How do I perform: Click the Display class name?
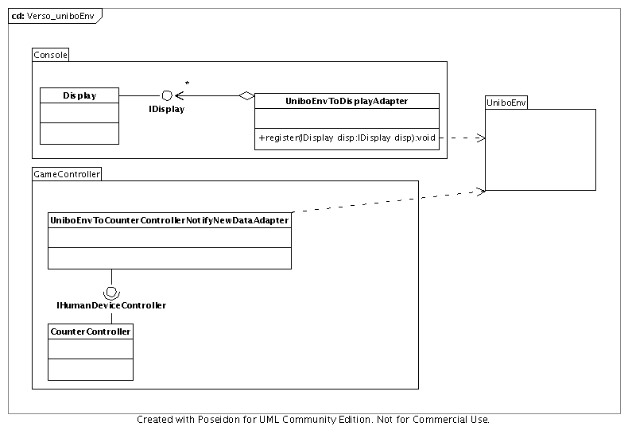click(x=79, y=95)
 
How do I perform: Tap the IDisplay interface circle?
click(x=167, y=95)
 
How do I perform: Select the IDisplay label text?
click(x=167, y=110)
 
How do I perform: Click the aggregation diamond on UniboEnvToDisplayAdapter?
click(x=246, y=96)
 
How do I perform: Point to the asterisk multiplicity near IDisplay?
click(x=187, y=83)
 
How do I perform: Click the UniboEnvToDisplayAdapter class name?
click(x=346, y=101)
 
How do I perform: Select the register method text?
click(x=347, y=138)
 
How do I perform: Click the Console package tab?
click(x=51, y=55)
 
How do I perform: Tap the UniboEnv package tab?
click(x=506, y=103)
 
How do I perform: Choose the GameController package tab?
click(x=67, y=174)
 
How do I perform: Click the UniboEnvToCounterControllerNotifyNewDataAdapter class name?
click(x=169, y=220)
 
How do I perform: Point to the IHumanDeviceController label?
click(x=111, y=305)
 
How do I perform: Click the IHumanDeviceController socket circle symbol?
click(x=111, y=291)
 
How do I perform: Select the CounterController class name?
click(x=91, y=331)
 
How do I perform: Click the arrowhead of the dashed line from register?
click(x=481, y=138)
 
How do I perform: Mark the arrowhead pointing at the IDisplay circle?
click(x=179, y=96)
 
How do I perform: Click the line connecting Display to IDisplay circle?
click(x=140, y=96)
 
